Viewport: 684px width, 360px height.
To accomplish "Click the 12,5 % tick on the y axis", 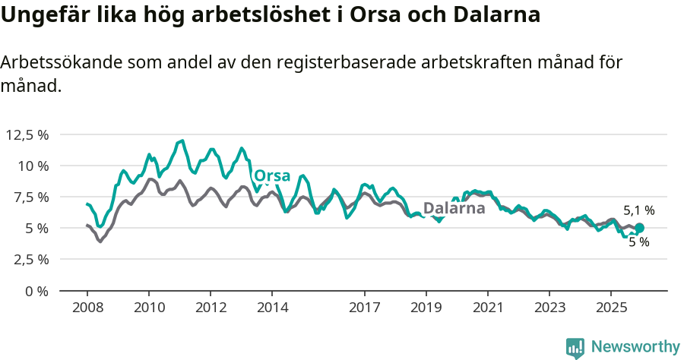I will pos(27,134).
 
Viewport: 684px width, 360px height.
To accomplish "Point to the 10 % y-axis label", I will pos(33,166).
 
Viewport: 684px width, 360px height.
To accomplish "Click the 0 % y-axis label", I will pos(36,291).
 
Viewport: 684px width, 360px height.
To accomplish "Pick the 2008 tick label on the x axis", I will pos(87,308).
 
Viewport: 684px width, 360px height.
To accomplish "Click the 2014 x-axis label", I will pos(272,308).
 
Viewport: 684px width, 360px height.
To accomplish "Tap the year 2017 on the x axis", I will pos(365,308).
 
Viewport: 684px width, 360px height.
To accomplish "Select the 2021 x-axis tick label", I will pos(487,308).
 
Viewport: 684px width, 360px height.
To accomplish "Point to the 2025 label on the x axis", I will pos(610,308).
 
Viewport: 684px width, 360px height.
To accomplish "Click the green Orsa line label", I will pos(272,176).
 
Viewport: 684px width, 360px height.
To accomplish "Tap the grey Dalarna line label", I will pos(454,208).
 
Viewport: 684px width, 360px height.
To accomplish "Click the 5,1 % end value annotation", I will pos(638,210).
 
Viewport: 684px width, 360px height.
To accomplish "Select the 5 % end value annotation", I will pos(638,242).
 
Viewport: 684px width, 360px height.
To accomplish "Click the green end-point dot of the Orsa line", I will pos(639,228).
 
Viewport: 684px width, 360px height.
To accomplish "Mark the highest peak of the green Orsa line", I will pos(182,141).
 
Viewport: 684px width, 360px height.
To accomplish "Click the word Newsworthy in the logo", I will pos(635,346).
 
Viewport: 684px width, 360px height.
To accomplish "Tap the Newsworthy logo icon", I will pos(575,348).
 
